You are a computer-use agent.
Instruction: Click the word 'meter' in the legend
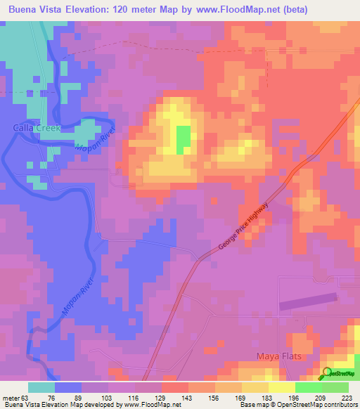[10, 397]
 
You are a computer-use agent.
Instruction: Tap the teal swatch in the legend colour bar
[41, 387]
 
